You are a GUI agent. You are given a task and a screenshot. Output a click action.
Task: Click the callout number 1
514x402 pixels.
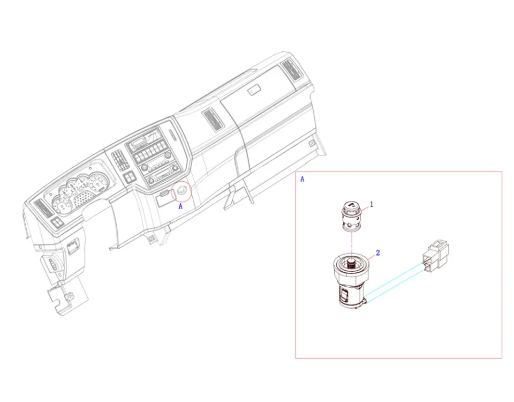372,204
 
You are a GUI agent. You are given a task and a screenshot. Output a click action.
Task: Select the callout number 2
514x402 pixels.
378,253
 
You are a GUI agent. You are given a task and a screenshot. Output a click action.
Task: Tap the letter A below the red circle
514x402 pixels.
180,206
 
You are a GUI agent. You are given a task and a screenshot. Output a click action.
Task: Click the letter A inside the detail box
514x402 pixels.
302,179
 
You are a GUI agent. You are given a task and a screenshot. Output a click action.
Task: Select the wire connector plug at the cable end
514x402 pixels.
435,256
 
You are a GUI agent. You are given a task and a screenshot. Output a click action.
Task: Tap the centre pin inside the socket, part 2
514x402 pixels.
351,263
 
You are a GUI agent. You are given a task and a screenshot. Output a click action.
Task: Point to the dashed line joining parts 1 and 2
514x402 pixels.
351,244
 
